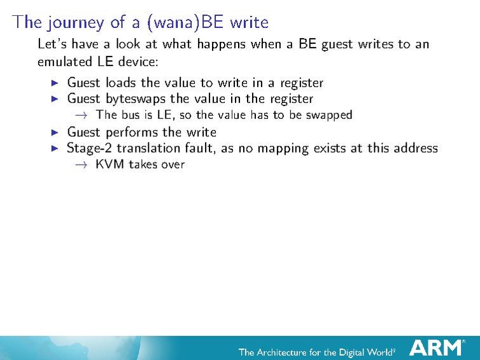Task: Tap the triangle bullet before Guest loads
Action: click(x=54, y=83)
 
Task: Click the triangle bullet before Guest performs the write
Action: click(x=54, y=132)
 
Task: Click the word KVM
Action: click(x=109, y=164)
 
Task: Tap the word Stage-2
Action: click(x=90, y=148)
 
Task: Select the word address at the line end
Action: click(x=414, y=148)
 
